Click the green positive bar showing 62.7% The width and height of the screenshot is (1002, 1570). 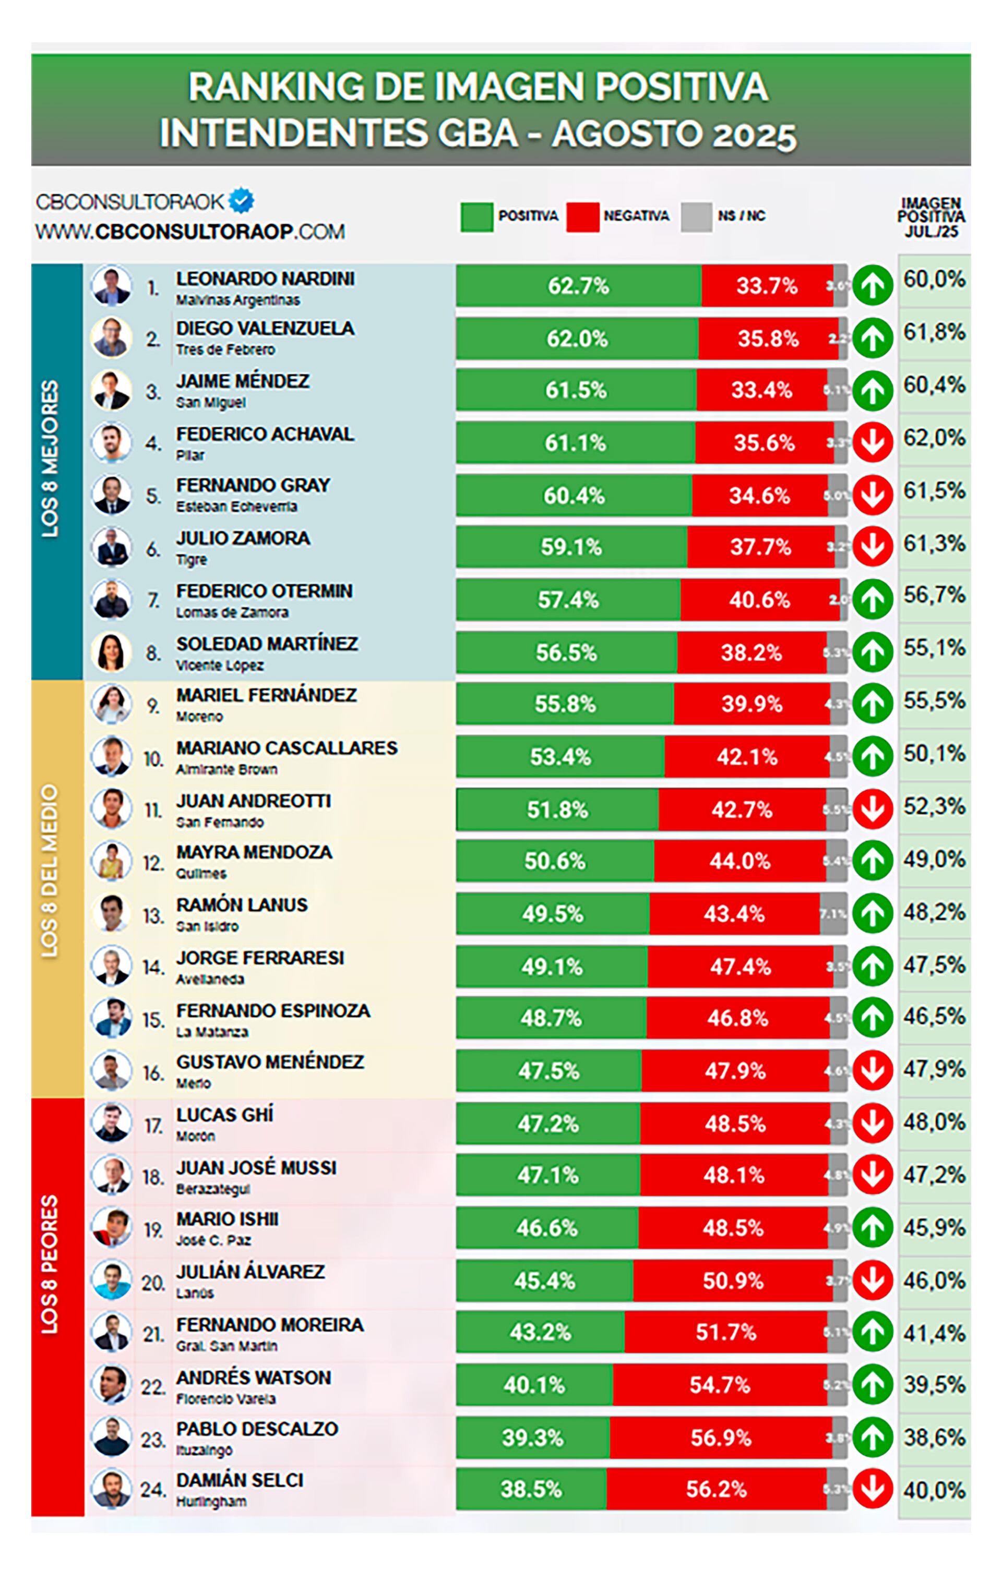(x=578, y=286)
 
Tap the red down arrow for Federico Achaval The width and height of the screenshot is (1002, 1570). (x=873, y=443)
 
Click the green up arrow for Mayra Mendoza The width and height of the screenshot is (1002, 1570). (x=873, y=861)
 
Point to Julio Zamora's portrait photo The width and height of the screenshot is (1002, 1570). (x=112, y=547)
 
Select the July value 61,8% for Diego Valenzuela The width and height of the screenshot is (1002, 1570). (x=934, y=332)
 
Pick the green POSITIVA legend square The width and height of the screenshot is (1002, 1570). (x=476, y=216)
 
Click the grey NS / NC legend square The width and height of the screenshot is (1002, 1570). (x=696, y=216)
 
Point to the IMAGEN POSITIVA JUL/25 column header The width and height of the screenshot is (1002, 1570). (x=931, y=217)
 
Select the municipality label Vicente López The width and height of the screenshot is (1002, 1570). (x=220, y=665)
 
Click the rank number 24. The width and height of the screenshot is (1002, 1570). (x=151, y=1489)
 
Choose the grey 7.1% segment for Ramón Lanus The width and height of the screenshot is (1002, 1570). (x=833, y=913)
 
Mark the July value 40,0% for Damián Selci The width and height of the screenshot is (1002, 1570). (x=934, y=1490)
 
